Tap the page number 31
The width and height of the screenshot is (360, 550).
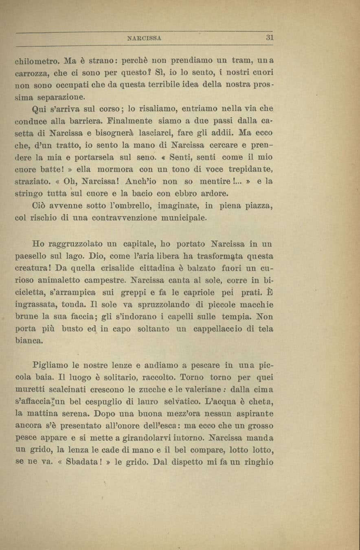pyautogui.click(x=269, y=37)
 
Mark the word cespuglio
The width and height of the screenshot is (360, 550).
pyautogui.click(x=111, y=401)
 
